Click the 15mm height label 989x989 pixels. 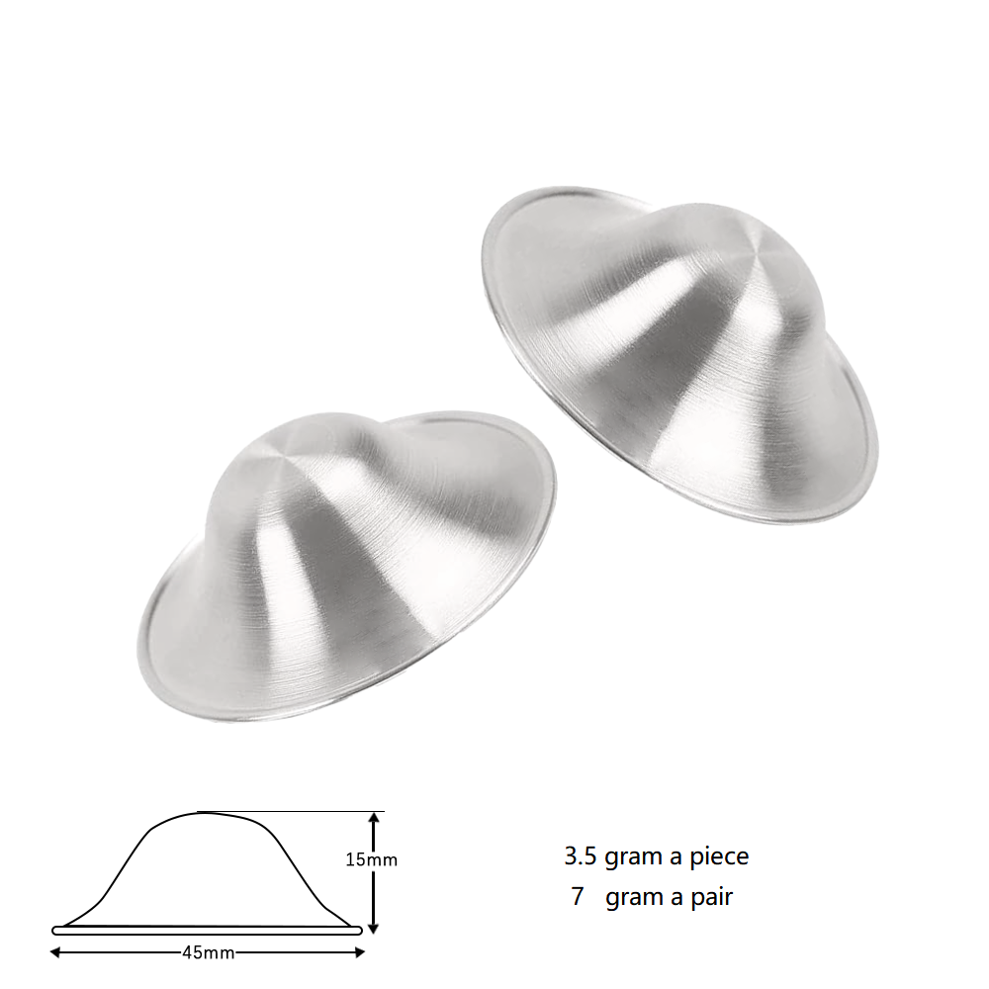(x=371, y=859)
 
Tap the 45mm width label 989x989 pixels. (x=208, y=953)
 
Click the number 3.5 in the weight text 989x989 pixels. (x=580, y=855)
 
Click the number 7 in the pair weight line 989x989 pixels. (x=578, y=897)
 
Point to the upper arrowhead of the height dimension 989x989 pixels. (x=373, y=817)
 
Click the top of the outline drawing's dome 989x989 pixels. (x=203, y=813)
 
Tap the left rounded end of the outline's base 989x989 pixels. (x=55, y=930)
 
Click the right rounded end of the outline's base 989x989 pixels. (x=359, y=930)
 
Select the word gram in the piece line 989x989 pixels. (x=633, y=856)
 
